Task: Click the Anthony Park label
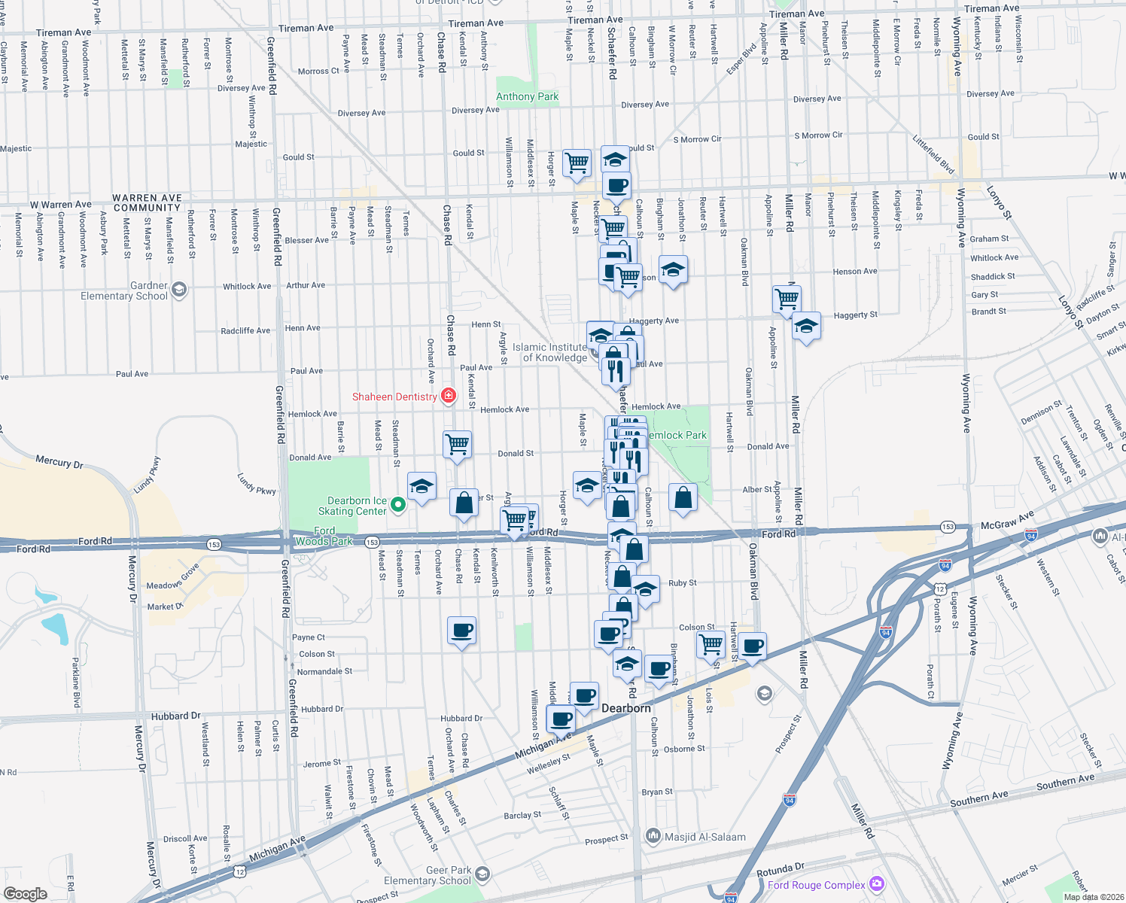pos(527,96)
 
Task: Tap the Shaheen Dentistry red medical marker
pos(449,396)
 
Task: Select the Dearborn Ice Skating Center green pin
pos(399,505)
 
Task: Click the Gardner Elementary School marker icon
pos(178,289)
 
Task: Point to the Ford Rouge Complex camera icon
pos(876,883)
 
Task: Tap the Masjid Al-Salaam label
pos(705,837)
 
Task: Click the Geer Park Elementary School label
pos(427,875)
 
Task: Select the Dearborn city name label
pos(626,708)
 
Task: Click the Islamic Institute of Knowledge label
pos(549,352)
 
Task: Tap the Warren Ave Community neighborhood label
pos(147,202)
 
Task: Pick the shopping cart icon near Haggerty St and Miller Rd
pos(787,298)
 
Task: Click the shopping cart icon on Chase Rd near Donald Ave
pos(458,443)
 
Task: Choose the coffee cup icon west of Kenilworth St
pos(461,629)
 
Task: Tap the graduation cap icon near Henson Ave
pos(673,269)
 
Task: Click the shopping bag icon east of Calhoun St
pos(683,497)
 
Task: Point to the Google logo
pos(26,894)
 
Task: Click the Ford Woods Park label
pos(324,536)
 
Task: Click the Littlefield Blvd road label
pos(933,154)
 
